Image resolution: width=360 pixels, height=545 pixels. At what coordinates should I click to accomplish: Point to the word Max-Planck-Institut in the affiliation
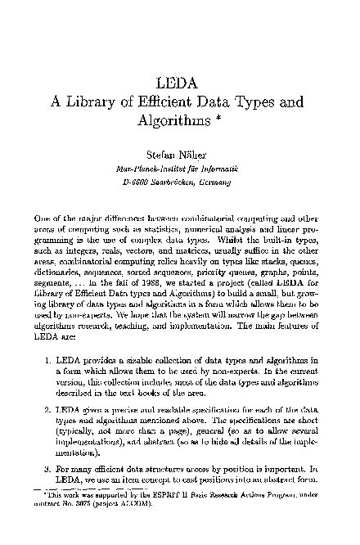(142, 169)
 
